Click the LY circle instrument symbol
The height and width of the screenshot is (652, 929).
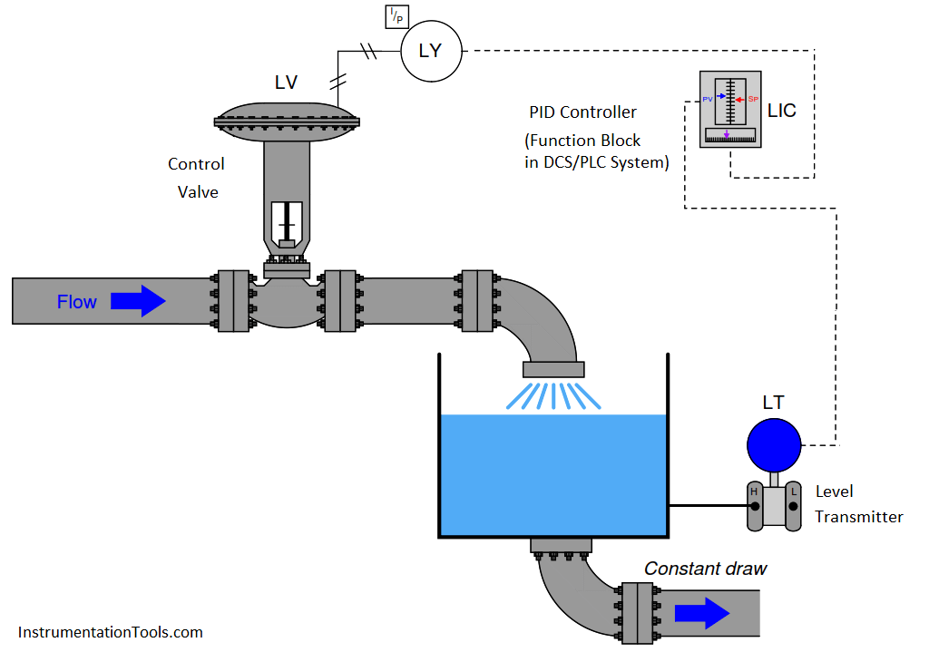point(431,51)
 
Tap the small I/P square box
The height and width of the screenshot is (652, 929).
point(396,16)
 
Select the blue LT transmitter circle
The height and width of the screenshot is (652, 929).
point(774,444)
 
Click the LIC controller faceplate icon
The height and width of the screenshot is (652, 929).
point(731,110)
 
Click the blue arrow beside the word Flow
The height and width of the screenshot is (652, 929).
point(138,302)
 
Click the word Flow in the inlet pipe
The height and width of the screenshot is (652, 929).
point(77,303)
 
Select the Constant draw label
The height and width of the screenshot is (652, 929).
point(705,569)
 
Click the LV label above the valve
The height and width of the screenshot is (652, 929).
point(286,83)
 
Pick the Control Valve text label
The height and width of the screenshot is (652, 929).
point(197,178)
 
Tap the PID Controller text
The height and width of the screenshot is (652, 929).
point(583,112)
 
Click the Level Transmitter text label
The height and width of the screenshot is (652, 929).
point(858,504)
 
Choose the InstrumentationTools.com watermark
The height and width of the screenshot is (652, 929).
point(110,632)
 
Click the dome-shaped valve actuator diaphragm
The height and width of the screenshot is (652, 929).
point(287,116)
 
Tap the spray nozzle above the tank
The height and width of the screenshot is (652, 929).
point(553,369)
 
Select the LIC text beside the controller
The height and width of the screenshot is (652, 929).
point(781,111)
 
